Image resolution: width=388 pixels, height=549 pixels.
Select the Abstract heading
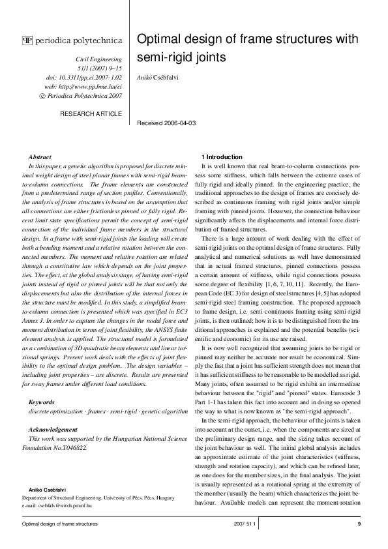coord(40,157)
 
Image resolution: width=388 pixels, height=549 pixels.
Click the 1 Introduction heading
coord(222,157)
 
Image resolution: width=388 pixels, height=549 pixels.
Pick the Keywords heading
coord(42,402)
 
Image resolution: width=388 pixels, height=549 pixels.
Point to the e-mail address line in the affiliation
coord(57,505)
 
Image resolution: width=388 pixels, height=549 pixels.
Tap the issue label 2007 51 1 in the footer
coord(245,524)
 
